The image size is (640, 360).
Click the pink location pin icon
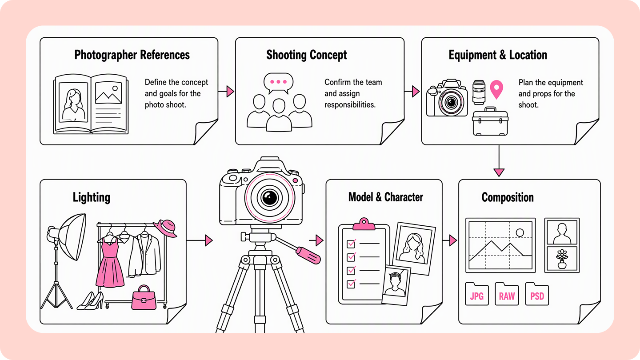[496, 88]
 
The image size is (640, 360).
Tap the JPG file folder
[477, 294]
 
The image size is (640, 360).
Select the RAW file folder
[507, 294]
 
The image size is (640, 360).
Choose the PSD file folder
[537, 294]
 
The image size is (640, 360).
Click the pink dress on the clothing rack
[110, 263]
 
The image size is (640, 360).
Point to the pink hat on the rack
[166, 228]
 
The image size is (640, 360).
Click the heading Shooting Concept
[307, 55]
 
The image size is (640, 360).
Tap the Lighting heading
[92, 197]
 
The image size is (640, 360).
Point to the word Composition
[508, 197]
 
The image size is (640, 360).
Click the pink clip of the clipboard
[364, 224]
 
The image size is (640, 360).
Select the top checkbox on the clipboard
[351, 244]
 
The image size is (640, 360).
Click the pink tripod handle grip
[308, 256]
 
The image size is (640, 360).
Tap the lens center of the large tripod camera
[270, 197]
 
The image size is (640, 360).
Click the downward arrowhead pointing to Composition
[499, 172]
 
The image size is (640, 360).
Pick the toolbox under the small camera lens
[490, 121]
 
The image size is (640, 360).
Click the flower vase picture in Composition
[562, 259]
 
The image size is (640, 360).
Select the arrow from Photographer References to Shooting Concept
[226, 92]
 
